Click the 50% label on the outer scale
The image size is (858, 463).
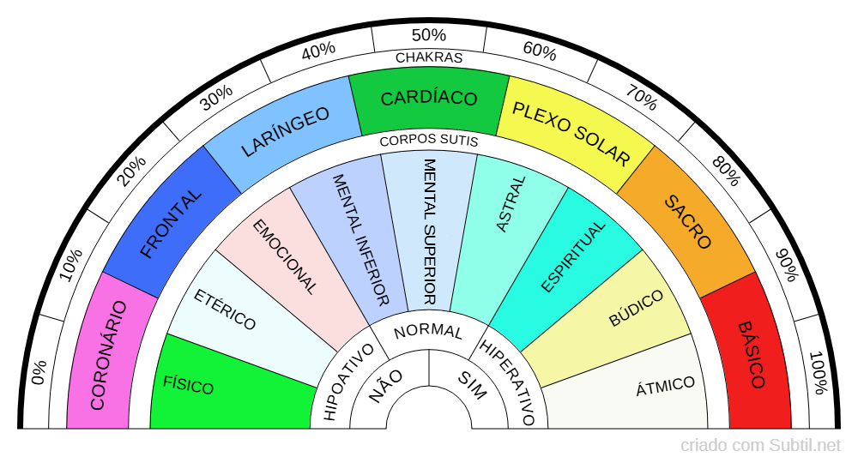[x=428, y=35]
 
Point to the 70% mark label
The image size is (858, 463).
[x=642, y=100]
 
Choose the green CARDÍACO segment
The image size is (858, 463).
[x=428, y=99]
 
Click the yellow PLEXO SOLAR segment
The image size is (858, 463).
[x=571, y=133]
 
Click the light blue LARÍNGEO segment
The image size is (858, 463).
[x=286, y=134]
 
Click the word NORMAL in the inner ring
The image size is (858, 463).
[x=428, y=331]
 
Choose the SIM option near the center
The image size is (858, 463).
[x=471, y=386]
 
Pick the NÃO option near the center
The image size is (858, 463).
[x=386, y=386]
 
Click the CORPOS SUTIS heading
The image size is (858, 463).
[x=428, y=140]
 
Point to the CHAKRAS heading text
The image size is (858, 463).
[x=428, y=58]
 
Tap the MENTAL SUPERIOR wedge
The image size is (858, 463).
[x=429, y=231]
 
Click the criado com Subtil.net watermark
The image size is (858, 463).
[x=760, y=446]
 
